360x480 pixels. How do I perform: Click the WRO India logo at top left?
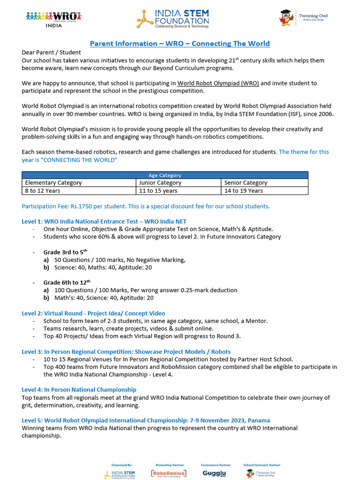53,19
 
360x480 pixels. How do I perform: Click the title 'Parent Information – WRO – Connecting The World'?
180,44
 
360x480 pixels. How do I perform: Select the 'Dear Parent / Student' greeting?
52,52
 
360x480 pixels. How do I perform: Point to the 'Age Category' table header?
165,175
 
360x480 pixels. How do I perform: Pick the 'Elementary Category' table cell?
53,183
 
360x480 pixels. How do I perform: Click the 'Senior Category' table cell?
246,183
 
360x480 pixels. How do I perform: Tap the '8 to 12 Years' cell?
43,191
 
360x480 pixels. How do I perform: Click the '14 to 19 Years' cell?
243,191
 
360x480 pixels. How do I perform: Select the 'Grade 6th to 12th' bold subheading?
67,283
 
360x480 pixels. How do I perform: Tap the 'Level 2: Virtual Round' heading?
93,313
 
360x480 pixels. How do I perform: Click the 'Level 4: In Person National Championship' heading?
79,390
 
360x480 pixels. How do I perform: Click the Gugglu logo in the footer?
215,473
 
